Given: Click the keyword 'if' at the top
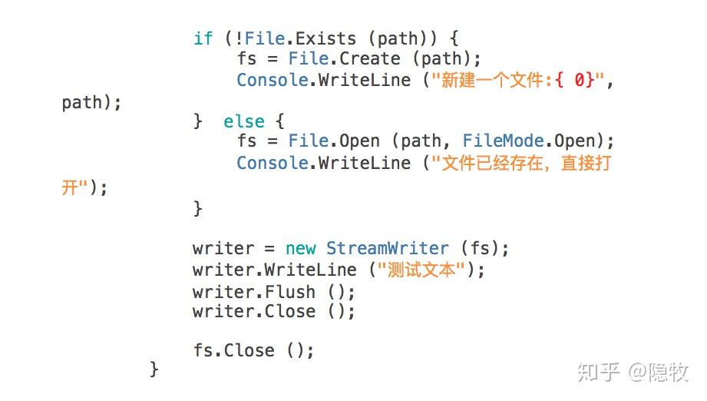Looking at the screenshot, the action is tap(203, 38).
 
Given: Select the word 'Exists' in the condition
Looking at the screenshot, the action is tap(325, 38).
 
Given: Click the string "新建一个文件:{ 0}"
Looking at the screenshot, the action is tap(518, 80).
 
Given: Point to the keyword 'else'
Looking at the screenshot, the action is tap(243, 121).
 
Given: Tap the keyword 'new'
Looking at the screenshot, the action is tap(300, 248).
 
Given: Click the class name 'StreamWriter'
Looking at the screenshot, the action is tap(387, 248).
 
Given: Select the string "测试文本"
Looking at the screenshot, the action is tap(421, 270).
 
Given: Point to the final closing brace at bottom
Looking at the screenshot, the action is tap(154, 369).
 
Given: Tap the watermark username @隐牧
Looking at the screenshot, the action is tap(659, 373).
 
